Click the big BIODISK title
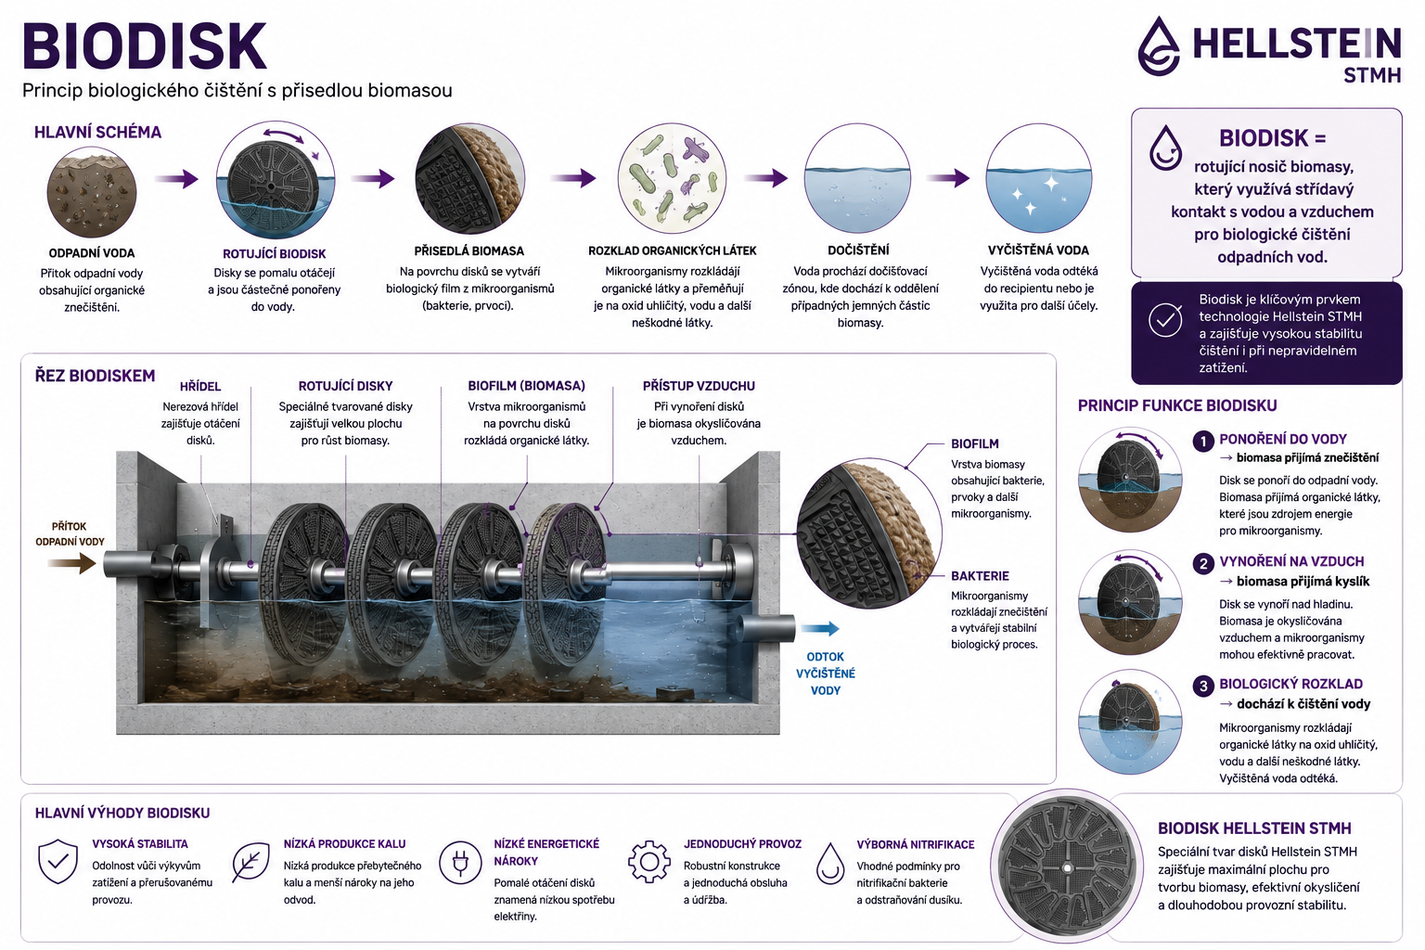[x=145, y=46]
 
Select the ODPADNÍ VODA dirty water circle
[x=92, y=192]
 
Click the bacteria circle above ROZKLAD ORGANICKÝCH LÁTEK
[x=672, y=178]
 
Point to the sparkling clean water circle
[x=1039, y=178]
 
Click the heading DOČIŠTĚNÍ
[x=858, y=250]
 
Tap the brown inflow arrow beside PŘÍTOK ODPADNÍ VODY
[x=71, y=563]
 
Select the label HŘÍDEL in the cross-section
[x=200, y=386]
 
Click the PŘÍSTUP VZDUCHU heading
[x=699, y=386]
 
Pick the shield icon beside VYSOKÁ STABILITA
[x=58, y=861]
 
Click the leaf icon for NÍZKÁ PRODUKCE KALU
[x=250, y=863]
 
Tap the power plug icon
[x=460, y=862]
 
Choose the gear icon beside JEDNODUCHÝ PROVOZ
[x=648, y=862]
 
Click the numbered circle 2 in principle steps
[x=1203, y=563]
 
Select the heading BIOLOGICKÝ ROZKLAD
[x=1290, y=684]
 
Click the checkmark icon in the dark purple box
[x=1165, y=320]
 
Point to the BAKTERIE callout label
[x=980, y=576]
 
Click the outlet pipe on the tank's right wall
[x=766, y=629]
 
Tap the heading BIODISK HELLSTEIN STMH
[x=1254, y=828]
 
